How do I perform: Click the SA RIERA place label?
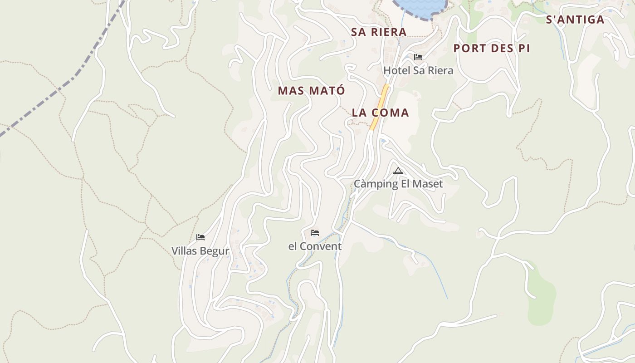[379, 32]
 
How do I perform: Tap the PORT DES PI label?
[492, 49]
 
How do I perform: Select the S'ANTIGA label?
[575, 20]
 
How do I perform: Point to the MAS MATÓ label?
[311, 91]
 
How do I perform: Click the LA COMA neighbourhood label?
[380, 113]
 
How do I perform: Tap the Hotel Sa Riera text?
[418, 71]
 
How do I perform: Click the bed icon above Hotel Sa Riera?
[418, 57]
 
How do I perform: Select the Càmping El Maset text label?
[398, 184]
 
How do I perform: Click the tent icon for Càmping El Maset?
[398, 171]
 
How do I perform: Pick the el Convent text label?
[315, 246]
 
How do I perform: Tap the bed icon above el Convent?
[315, 233]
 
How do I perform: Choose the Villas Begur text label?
[200, 251]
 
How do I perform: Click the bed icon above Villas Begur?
[200, 237]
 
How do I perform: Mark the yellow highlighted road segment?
[380, 107]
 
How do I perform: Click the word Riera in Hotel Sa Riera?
[440, 71]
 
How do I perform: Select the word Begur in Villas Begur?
[215, 251]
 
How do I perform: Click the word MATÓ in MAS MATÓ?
[327, 91]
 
